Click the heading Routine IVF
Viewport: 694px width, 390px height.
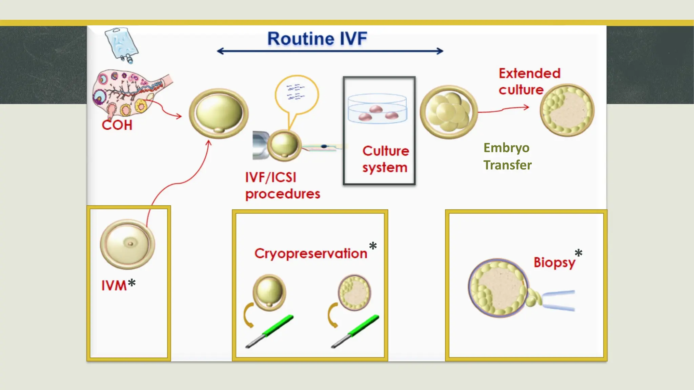click(317, 39)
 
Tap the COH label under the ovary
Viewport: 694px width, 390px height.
click(117, 125)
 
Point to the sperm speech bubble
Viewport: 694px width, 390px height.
click(297, 95)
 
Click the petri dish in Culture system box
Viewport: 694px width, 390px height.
click(377, 109)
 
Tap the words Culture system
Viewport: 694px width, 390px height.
click(385, 159)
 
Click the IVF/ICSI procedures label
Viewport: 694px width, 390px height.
click(282, 186)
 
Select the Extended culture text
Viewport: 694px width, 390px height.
click(529, 82)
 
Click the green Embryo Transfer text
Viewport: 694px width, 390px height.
click(507, 156)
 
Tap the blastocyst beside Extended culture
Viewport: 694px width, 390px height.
click(567, 110)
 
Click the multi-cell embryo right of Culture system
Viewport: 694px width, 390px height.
click(449, 112)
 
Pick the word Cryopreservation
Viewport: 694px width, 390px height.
click(311, 254)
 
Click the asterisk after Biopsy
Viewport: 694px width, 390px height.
click(578, 253)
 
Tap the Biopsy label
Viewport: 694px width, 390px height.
click(554, 263)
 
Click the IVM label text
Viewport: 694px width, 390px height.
click(114, 285)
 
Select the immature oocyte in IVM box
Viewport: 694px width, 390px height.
click(127, 244)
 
